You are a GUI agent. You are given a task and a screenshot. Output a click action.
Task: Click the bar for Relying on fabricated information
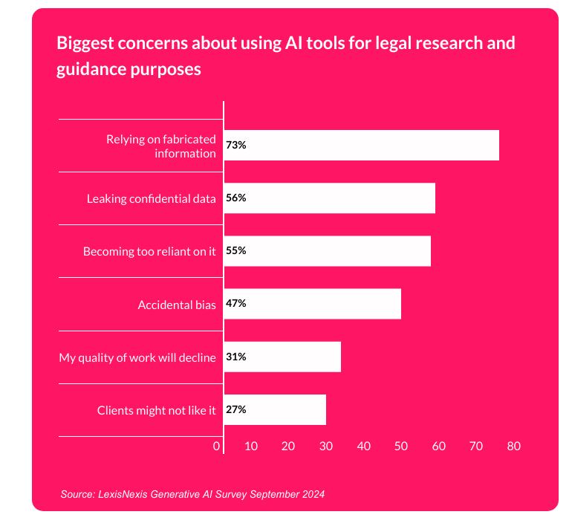click(361, 146)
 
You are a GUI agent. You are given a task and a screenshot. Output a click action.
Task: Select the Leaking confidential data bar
click(329, 198)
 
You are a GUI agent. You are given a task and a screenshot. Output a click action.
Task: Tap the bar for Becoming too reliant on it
click(327, 251)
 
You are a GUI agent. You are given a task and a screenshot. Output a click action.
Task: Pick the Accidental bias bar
click(312, 304)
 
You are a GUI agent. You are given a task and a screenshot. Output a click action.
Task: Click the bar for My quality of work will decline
click(282, 357)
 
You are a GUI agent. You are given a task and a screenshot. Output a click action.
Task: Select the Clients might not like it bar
click(275, 409)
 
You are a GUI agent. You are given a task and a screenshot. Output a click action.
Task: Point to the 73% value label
click(236, 146)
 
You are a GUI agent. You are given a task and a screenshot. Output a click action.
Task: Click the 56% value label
click(236, 198)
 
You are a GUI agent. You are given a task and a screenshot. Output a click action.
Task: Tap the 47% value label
click(236, 304)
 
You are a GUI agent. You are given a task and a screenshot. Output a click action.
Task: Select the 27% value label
click(236, 409)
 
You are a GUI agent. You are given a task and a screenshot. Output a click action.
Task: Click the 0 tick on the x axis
click(217, 447)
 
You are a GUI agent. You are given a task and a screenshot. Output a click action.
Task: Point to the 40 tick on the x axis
click(364, 447)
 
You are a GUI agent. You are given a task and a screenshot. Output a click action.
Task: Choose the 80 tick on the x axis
click(514, 447)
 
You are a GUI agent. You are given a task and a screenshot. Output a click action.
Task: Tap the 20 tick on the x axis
click(289, 447)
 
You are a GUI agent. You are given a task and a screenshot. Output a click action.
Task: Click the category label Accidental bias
click(177, 305)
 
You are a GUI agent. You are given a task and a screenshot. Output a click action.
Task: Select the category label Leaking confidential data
click(151, 199)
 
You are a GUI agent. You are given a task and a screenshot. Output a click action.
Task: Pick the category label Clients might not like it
click(156, 410)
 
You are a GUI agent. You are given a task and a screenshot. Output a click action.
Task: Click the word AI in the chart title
click(293, 43)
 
